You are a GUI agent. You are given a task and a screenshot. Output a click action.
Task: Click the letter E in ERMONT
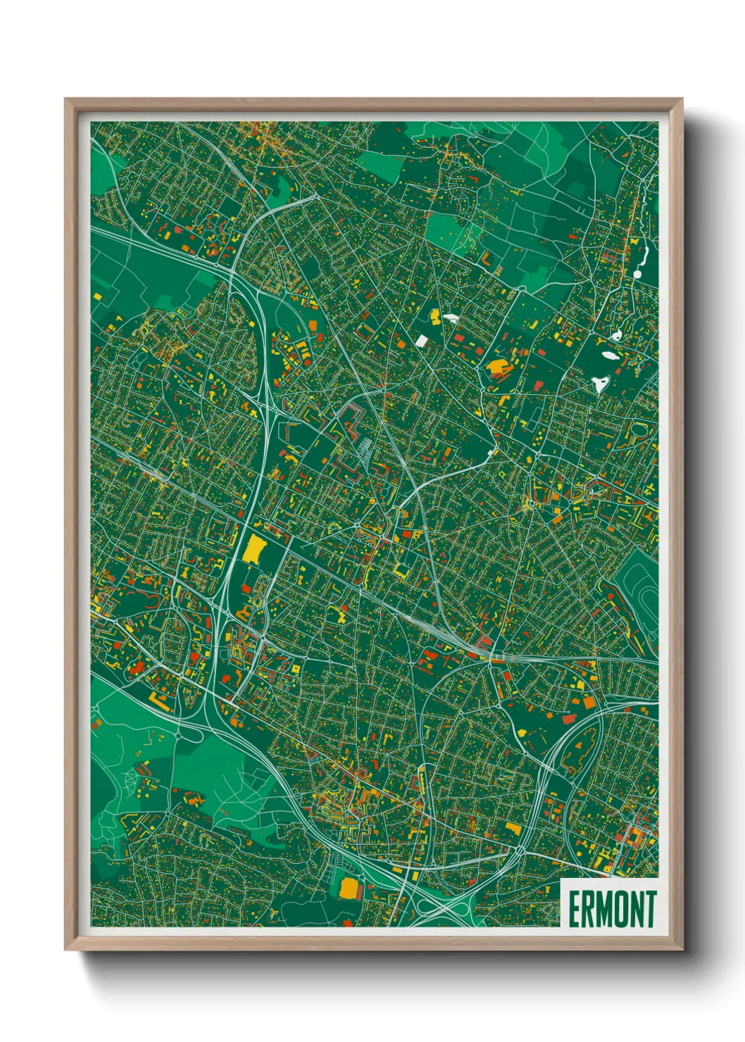pos(574,909)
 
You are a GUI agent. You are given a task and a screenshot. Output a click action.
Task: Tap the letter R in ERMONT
pos(589,909)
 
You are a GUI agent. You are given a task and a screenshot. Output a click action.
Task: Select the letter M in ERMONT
pos(606,909)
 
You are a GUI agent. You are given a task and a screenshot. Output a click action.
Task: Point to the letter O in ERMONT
pos(622,909)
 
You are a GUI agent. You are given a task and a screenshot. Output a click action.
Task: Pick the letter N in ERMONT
pos(637,909)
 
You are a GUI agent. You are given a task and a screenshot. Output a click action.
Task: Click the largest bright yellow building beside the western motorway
pos(253,548)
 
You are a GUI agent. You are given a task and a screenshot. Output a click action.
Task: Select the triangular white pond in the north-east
pos(600,384)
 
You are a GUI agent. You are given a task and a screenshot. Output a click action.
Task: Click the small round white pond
pos(617,335)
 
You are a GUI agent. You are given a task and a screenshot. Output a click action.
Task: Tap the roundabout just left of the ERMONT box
pos(520,851)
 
